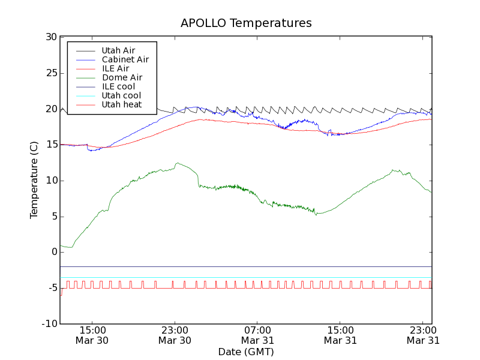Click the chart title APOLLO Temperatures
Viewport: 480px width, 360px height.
point(246,23)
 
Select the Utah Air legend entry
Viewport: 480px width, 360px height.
point(118,50)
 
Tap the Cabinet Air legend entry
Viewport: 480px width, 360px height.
point(125,59)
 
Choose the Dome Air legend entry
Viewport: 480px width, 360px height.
point(122,77)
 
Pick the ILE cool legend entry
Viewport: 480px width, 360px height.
point(118,86)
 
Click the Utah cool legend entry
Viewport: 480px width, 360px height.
point(121,95)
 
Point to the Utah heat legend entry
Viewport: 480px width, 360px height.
point(121,104)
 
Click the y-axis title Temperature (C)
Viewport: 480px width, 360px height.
point(34,181)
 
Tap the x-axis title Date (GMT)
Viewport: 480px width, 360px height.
point(246,352)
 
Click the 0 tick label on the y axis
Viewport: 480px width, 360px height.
point(53,253)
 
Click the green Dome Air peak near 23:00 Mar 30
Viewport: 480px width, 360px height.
point(177,163)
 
